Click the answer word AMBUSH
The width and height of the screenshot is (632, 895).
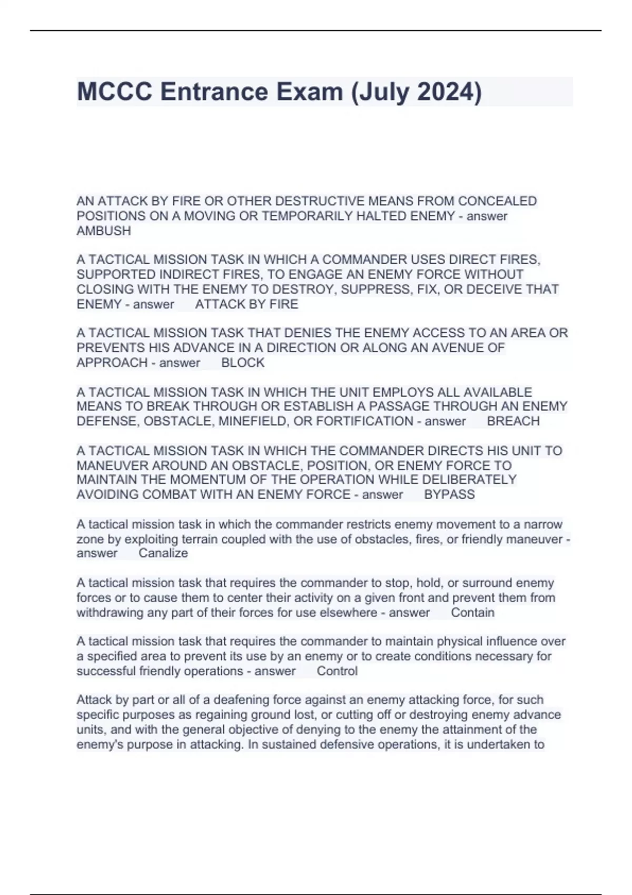(104, 231)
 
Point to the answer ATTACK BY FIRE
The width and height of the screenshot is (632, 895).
(246, 304)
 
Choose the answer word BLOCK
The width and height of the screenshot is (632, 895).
(243, 363)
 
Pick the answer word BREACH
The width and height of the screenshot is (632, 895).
(513, 421)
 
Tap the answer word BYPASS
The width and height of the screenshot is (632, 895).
(449, 494)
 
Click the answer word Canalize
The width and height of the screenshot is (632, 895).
(163, 553)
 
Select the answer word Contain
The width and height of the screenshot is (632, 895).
(472, 612)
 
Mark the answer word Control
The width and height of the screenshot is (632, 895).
(337, 671)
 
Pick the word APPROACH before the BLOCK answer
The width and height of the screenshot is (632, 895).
(112, 363)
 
